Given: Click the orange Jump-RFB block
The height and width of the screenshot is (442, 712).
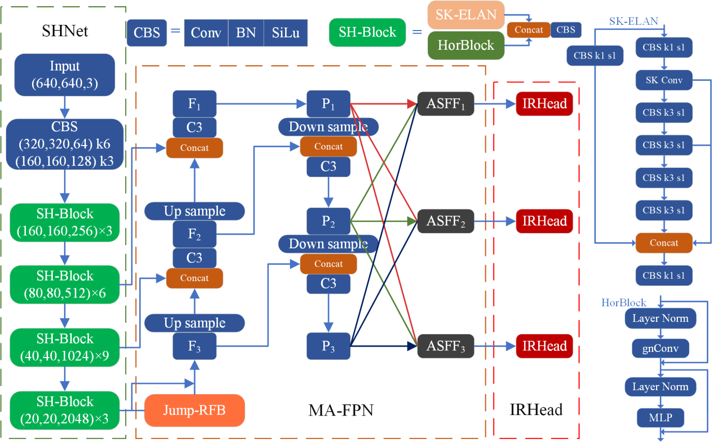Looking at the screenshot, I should [194, 410].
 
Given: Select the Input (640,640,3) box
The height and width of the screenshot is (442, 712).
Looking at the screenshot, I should [65, 75].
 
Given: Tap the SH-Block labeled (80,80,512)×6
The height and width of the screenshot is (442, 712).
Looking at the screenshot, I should [65, 284].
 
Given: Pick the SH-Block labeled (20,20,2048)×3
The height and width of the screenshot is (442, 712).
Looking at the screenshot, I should [65, 410].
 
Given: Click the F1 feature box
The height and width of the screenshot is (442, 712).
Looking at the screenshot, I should [194, 104].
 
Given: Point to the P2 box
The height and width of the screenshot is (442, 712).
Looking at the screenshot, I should [329, 221].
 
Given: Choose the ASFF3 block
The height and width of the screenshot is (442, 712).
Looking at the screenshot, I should [446, 346].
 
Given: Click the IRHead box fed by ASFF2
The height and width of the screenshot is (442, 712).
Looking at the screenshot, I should [544, 221].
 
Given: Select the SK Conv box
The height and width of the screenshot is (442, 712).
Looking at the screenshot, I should [664, 80].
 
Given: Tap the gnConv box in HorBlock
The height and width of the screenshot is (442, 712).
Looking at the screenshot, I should [660, 348].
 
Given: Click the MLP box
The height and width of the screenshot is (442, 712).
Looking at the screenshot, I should [660, 418].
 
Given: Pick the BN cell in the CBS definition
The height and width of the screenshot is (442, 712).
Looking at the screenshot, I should [246, 33].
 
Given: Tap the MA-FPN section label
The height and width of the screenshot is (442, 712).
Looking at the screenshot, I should [340, 410].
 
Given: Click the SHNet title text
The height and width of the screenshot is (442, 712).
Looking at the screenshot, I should [65, 31].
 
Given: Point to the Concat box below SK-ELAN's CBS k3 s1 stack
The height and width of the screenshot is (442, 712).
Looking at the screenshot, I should [664, 243].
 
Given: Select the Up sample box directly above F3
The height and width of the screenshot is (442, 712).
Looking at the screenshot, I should [194, 323].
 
